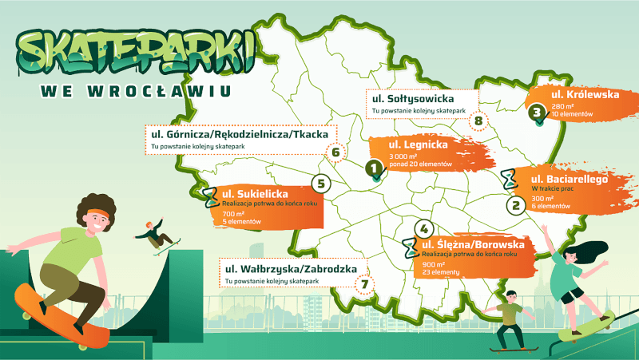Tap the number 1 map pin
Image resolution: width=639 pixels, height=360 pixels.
tap(373, 168)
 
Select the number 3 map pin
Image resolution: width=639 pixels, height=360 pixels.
tap(538, 114)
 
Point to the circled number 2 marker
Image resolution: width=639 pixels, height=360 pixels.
tap(516, 205)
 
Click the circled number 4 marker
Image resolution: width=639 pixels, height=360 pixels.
tap(423, 227)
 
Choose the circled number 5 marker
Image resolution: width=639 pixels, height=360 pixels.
tap(321, 184)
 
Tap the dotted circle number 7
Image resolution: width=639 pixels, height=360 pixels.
tap(365, 283)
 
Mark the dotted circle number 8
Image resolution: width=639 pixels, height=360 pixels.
tap(479, 122)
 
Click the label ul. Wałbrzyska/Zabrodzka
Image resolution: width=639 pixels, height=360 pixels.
tap(291, 269)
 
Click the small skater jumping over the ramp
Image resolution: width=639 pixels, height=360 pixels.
tap(153, 236)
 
